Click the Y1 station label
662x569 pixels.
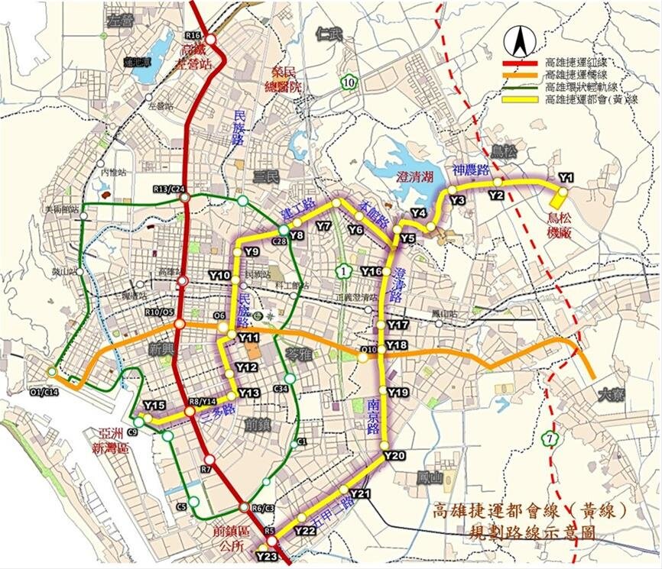[x=566, y=177]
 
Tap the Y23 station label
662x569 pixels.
[x=267, y=556]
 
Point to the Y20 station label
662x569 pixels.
[x=394, y=455]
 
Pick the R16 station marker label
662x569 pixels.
[x=193, y=36]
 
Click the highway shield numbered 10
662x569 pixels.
[x=349, y=82]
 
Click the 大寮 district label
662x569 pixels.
[x=610, y=395]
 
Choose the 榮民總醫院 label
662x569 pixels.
[x=281, y=79]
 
